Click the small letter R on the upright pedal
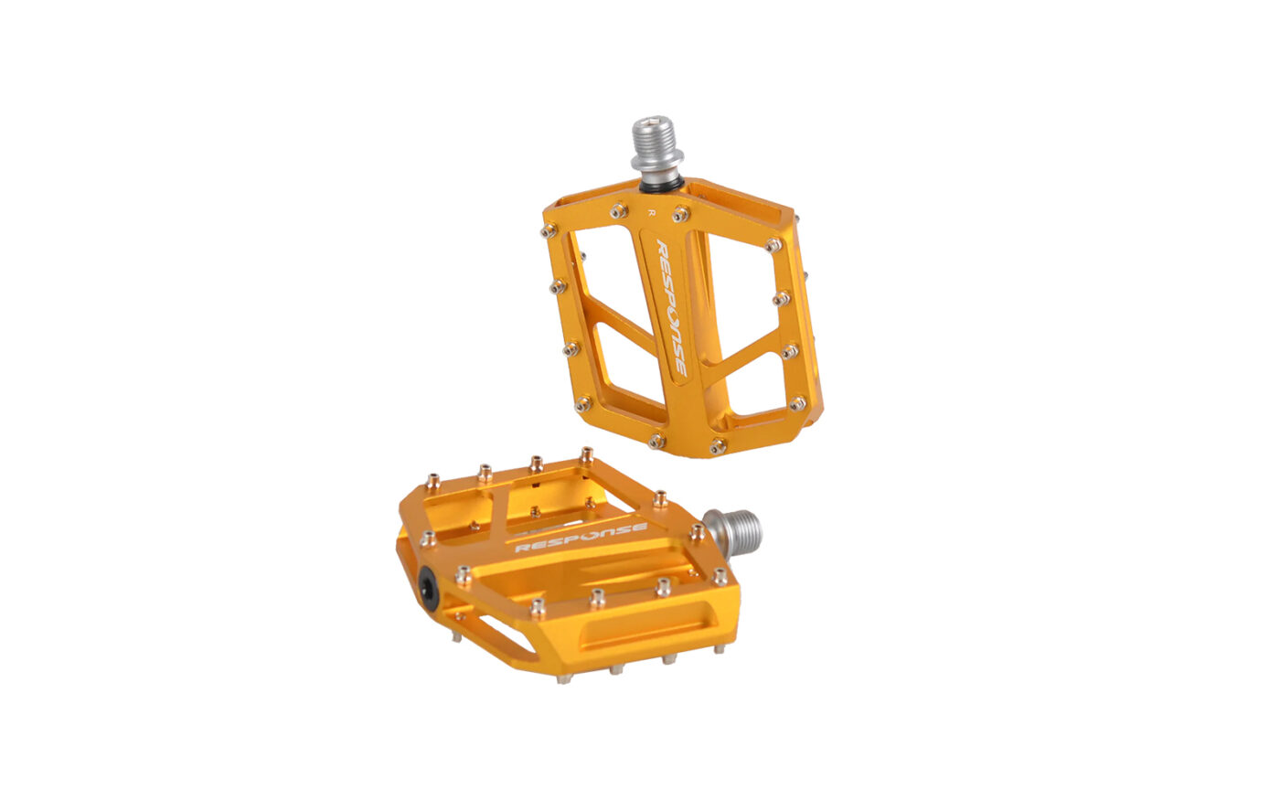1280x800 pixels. (651, 212)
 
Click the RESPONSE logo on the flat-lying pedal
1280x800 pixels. (581, 538)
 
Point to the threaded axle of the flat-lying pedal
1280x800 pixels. (733, 534)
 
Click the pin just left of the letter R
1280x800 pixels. (619, 210)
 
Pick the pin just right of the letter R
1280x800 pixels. (681, 214)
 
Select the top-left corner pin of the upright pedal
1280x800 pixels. (549, 231)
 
